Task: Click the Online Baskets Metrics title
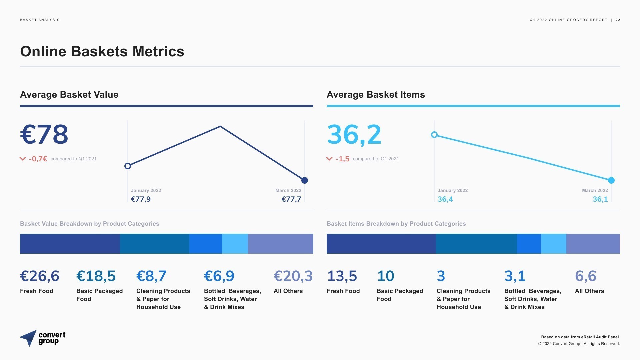pyautogui.click(x=102, y=52)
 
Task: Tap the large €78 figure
pyautogui.click(x=44, y=135)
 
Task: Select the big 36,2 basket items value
pyautogui.click(x=354, y=135)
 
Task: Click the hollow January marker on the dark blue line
pyautogui.click(x=127, y=166)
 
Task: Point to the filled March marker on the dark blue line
pyautogui.click(x=305, y=180)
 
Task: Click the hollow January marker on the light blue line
pyautogui.click(x=434, y=135)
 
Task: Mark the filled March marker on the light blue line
pyautogui.click(x=611, y=180)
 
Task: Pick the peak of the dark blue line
pyautogui.click(x=220, y=127)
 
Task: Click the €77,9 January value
pyautogui.click(x=141, y=199)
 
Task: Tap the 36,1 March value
pyautogui.click(x=600, y=199)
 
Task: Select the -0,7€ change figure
pyautogui.click(x=38, y=159)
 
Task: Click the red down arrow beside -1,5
pyautogui.click(x=329, y=159)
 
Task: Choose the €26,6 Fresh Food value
pyautogui.click(x=40, y=276)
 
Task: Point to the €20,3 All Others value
pyautogui.click(x=293, y=276)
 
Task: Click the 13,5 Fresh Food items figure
pyautogui.click(x=342, y=276)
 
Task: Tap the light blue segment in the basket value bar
pyautogui.click(x=235, y=244)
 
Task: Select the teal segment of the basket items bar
pyautogui.click(x=476, y=244)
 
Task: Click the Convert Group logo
pyautogui.click(x=43, y=338)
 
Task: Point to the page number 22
pyautogui.click(x=618, y=20)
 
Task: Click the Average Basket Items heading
pyautogui.click(x=376, y=95)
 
